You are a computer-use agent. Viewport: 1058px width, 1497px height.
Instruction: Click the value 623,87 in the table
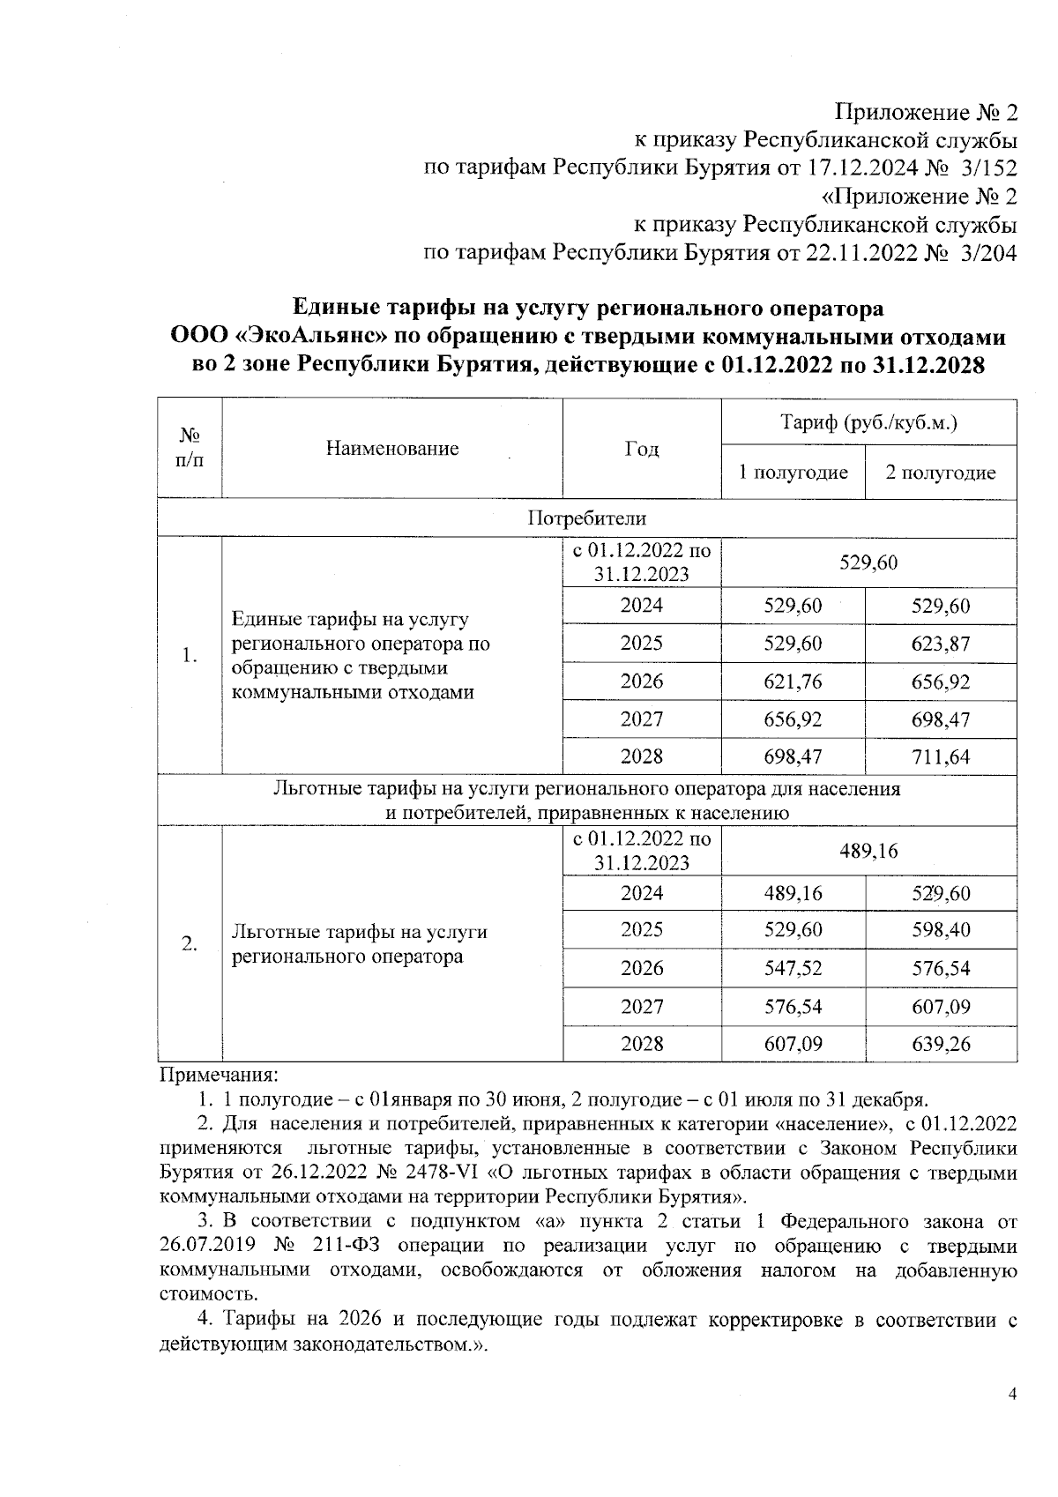(x=940, y=644)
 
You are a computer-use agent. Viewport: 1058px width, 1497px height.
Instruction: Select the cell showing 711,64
(x=940, y=756)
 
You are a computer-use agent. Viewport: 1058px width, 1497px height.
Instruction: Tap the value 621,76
(x=793, y=681)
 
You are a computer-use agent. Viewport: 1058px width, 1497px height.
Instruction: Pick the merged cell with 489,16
(x=868, y=850)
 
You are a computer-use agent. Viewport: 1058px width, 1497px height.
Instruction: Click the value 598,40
(x=940, y=930)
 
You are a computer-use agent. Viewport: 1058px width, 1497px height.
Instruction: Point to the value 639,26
(x=940, y=1044)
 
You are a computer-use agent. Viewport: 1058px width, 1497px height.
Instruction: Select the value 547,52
(x=793, y=968)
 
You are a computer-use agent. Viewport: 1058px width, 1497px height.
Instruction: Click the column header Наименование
(x=392, y=449)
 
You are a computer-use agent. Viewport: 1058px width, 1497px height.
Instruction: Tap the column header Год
(x=641, y=449)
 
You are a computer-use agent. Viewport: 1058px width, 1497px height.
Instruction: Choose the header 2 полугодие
(x=940, y=473)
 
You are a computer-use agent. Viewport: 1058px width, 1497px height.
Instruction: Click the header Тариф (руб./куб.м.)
(x=868, y=422)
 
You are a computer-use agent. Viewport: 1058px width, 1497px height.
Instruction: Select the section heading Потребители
(x=586, y=518)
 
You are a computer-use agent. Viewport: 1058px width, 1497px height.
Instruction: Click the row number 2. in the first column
(x=189, y=943)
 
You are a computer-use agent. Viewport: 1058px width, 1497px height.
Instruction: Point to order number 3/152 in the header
(x=990, y=168)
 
